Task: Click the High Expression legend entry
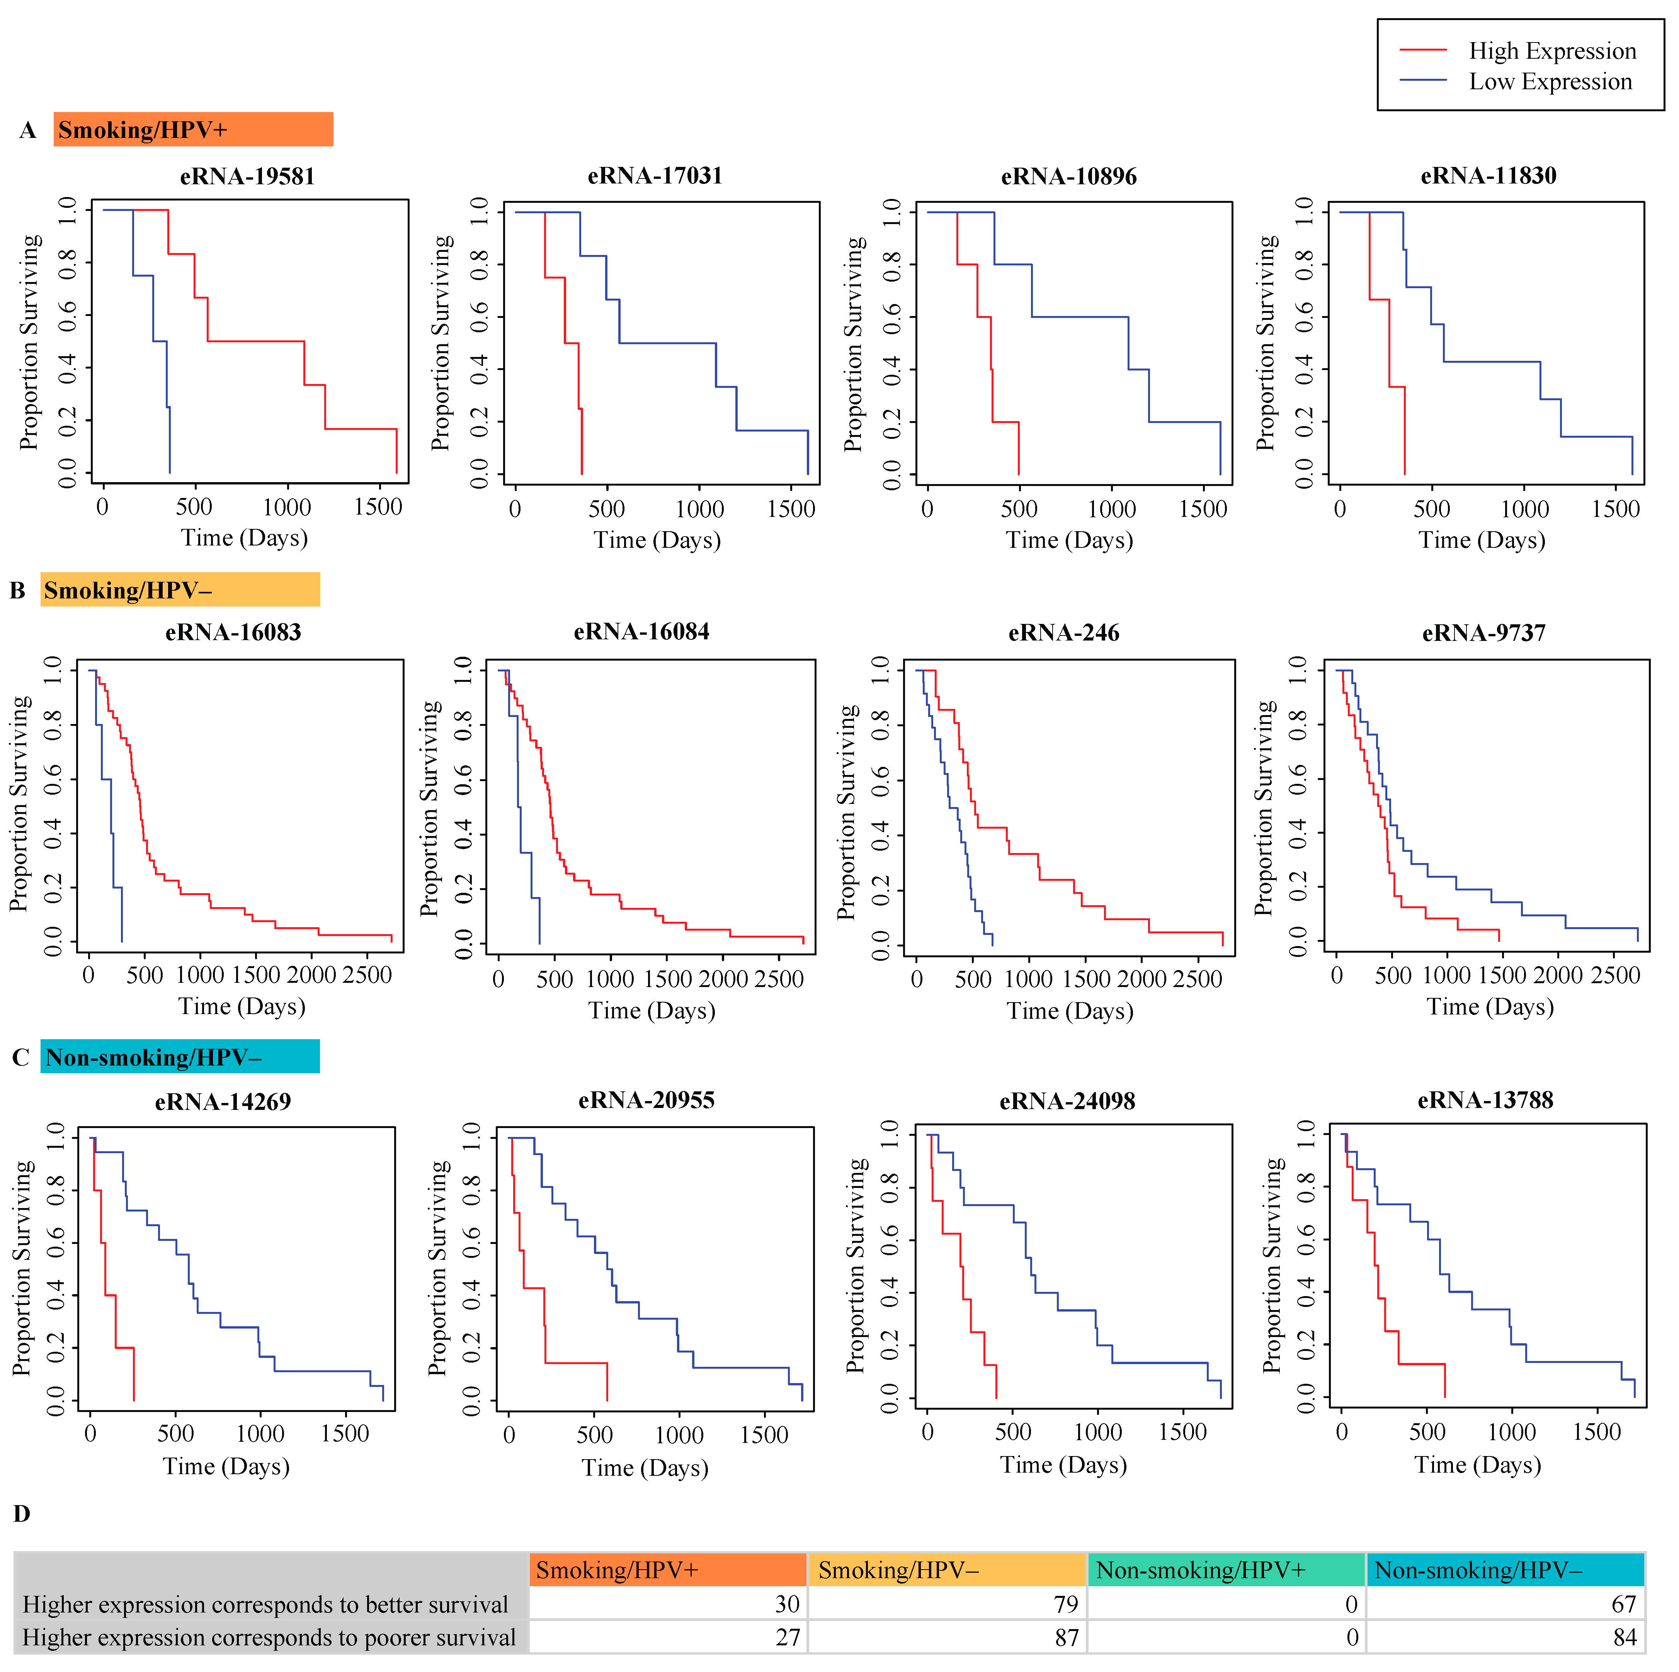point(1552,51)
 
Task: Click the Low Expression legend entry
point(1550,82)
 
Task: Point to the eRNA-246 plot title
point(1064,633)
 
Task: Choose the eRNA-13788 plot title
point(1485,1100)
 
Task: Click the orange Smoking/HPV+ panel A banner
point(193,129)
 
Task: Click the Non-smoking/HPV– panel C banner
point(180,1057)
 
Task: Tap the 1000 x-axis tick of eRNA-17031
point(699,509)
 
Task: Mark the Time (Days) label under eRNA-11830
point(1482,540)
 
